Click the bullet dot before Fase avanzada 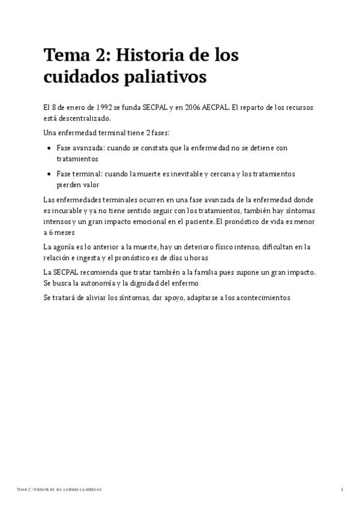[x=49, y=148]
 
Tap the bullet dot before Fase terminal [x=49, y=174]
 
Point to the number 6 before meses [x=51, y=232]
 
